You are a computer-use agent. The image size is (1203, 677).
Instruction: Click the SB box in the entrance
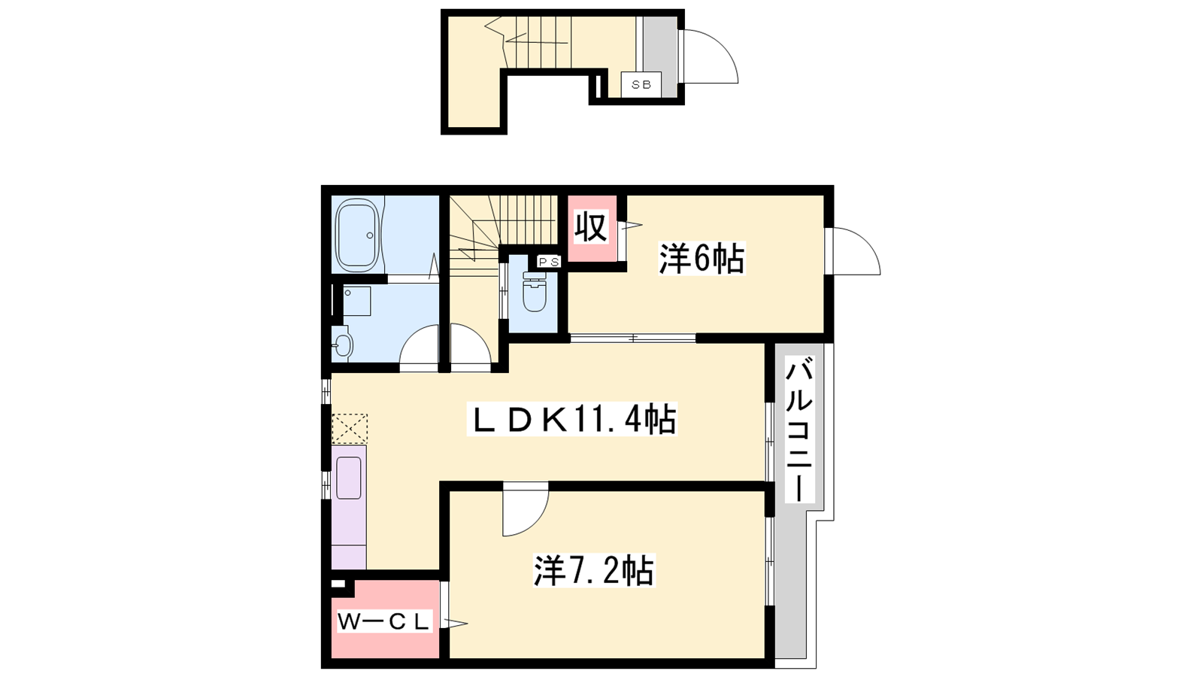coord(641,84)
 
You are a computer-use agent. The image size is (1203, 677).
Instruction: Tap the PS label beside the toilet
coord(549,262)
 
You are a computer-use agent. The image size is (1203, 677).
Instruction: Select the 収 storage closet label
coord(591,227)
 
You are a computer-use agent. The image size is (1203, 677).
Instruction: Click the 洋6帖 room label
coord(702,259)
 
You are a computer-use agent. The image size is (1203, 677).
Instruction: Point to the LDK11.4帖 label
coord(572,419)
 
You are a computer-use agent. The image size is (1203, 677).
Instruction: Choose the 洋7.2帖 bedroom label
coord(594,571)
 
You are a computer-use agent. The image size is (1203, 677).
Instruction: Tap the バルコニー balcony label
coord(799,430)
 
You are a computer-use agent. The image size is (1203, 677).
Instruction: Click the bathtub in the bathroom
coord(358,235)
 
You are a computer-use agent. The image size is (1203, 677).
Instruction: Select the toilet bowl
coord(534,293)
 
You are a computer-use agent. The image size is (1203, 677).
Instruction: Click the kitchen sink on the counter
coord(349,478)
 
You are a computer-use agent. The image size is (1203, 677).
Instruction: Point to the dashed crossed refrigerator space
coord(349,428)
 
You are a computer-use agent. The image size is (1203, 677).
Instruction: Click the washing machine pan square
coord(356,301)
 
